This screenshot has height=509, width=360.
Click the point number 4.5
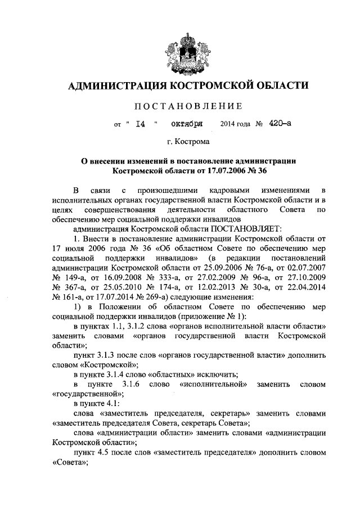(x=105, y=451)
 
